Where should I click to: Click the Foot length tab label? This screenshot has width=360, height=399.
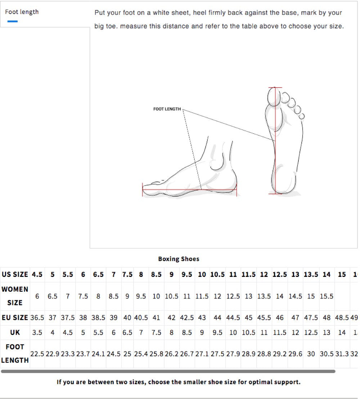(x=22, y=12)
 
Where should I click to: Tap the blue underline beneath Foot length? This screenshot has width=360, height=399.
(x=12, y=21)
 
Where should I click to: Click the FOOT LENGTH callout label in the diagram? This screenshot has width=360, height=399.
(x=167, y=109)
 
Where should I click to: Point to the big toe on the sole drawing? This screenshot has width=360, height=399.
(x=273, y=96)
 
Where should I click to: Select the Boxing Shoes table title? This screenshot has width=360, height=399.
(x=179, y=259)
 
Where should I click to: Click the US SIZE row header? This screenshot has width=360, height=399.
(x=15, y=274)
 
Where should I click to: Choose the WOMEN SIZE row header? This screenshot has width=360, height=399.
(x=15, y=296)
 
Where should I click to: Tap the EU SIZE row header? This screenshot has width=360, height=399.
(x=15, y=318)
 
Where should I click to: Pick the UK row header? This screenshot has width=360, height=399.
(x=15, y=332)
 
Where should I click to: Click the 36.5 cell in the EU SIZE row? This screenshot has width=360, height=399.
(x=37, y=318)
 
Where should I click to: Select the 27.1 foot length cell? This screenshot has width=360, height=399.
(x=202, y=354)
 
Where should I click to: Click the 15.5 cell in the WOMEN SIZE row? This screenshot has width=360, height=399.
(x=327, y=296)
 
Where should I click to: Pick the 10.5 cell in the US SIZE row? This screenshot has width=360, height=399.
(x=217, y=274)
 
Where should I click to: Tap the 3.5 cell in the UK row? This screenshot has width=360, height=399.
(x=37, y=332)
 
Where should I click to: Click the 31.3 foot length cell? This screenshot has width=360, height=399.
(x=342, y=354)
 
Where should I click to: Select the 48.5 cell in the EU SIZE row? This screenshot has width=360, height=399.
(x=342, y=318)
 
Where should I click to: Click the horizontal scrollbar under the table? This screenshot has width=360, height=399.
(x=168, y=371)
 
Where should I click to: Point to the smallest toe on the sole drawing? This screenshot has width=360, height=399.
(x=302, y=116)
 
